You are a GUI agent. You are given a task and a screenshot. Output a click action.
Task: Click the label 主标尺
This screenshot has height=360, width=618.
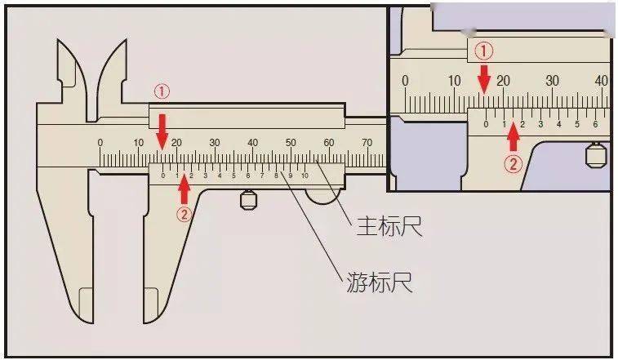[389, 226]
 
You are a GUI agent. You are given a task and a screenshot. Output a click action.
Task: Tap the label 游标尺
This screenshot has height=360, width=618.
[380, 282]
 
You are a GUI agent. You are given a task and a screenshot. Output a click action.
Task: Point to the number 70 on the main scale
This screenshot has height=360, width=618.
[367, 142]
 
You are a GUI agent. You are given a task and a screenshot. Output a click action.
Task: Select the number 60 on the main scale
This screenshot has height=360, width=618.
[329, 142]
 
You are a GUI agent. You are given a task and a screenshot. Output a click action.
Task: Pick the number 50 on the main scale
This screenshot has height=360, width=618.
[291, 142]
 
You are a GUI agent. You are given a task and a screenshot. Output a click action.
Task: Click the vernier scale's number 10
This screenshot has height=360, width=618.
[305, 176]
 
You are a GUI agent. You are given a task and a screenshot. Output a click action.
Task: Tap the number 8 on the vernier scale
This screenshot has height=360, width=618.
[276, 176]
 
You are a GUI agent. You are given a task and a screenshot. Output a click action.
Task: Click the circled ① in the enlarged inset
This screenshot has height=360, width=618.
[483, 51]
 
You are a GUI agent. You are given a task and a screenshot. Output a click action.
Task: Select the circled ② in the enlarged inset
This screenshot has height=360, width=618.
[514, 163]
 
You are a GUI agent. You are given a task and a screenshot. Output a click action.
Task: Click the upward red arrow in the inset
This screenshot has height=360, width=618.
[513, 137]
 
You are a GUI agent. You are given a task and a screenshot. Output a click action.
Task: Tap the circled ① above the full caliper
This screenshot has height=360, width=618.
[162, 92]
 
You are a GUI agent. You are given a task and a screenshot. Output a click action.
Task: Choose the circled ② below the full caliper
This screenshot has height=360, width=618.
[184, 215]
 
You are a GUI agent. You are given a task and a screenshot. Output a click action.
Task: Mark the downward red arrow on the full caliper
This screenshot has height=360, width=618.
[162, 132]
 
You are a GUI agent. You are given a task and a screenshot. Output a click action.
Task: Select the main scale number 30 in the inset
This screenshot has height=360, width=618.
[552, 81]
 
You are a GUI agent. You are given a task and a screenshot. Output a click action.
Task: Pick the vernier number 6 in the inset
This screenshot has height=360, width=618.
[595, 124]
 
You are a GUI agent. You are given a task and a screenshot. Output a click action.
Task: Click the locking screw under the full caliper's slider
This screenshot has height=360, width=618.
[248, 200]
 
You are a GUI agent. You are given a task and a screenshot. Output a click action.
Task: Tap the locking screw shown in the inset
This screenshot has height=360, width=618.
[596, 154]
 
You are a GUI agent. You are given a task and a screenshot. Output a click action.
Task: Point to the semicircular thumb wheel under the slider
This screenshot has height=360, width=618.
[323, 198]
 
